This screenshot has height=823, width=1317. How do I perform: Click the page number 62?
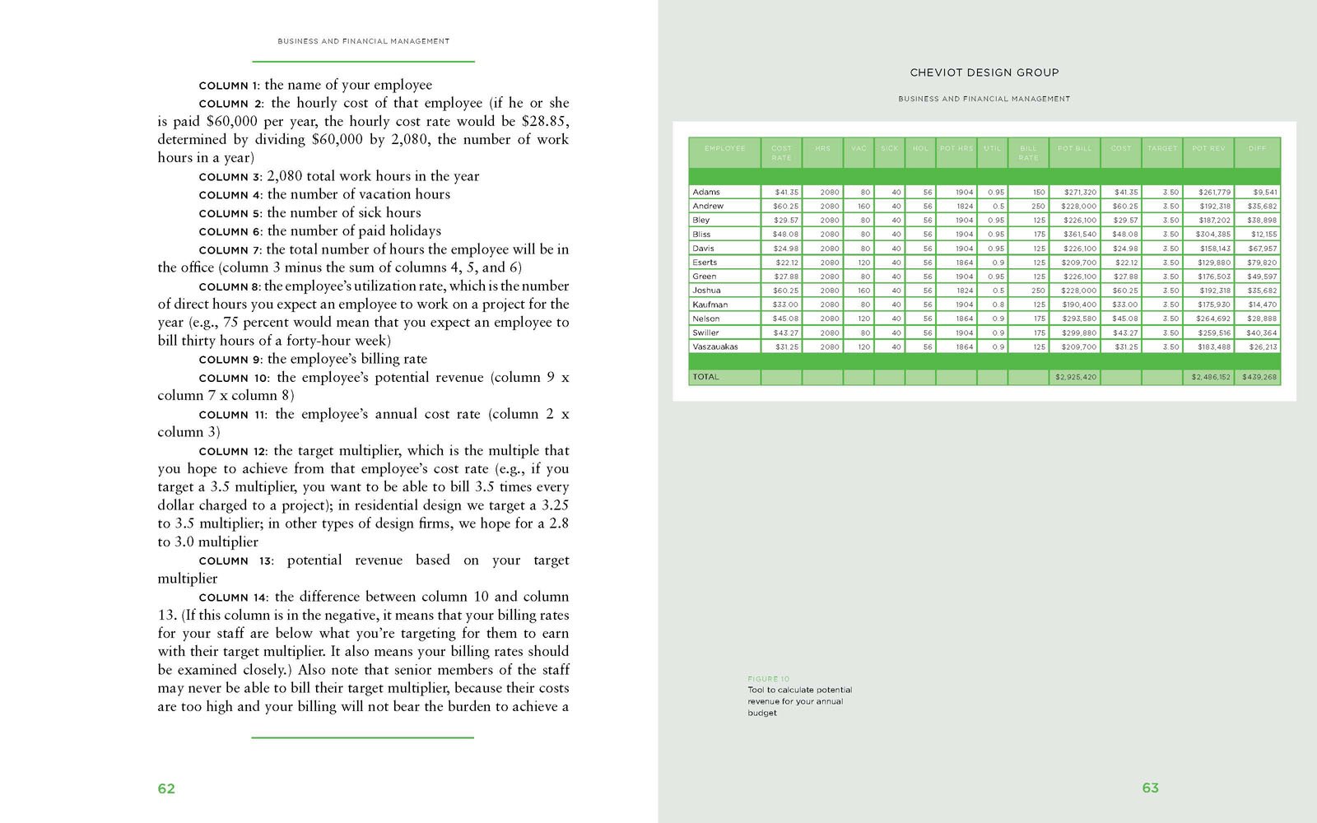click(166, 788)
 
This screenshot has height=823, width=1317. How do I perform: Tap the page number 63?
click(1150, 788)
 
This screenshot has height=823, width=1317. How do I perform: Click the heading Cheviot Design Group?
click(984, 72)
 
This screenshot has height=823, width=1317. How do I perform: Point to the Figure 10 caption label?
click(768, 679)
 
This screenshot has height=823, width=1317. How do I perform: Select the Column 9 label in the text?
click(230, 360)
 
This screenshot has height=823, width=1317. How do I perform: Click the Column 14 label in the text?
click(234, 597)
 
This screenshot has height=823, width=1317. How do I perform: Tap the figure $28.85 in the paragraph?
click(544, 121)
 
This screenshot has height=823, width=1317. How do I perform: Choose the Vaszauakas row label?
click(715, 346)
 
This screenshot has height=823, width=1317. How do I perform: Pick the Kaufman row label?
click(710, 305)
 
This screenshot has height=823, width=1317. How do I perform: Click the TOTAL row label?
click(705, 377)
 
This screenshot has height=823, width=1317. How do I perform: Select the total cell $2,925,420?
click(1075, 377)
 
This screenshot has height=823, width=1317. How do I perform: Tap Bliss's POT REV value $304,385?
click(1213, 235)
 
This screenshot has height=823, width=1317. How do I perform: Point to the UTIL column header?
click(993, 148)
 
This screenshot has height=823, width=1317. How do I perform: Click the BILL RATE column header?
click(1028, 152)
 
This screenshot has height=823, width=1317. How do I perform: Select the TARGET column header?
click(1161, 148)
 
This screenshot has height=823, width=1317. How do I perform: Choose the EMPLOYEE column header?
click(724, 148)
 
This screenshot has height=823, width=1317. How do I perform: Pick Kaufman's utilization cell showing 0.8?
click(998, 305)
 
